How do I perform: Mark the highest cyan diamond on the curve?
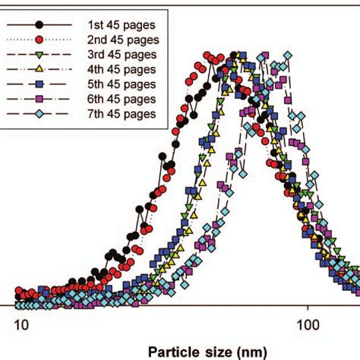(x=287, y=55)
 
